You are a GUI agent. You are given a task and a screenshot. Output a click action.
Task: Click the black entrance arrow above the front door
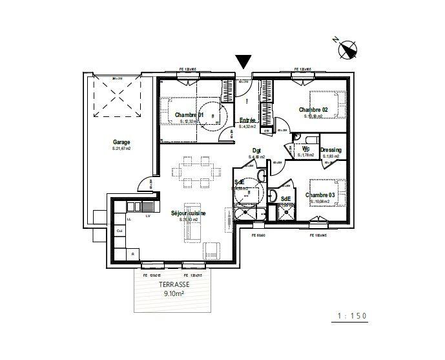point(243,62)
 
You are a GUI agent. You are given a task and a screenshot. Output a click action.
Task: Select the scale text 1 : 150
point(351,316)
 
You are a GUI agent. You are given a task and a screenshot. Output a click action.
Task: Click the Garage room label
point(121,142)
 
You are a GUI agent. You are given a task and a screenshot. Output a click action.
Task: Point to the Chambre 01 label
point(189,115)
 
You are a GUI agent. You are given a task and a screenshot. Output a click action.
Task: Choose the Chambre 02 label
point(313,110)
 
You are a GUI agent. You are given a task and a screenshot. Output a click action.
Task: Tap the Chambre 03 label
point(320,195)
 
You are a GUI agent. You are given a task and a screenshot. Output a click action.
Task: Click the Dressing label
point(331,150)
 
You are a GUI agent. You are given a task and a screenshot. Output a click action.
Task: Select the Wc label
point(306,149)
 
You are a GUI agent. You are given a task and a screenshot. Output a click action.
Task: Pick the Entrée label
point(248,121)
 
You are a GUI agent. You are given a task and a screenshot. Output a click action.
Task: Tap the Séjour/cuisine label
point(189,213)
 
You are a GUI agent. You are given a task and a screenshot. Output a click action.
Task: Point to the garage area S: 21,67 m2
point(121,149)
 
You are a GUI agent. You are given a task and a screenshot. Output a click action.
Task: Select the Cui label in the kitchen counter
point(119,231)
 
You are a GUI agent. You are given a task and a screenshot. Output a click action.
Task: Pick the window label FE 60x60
point(258,235)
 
